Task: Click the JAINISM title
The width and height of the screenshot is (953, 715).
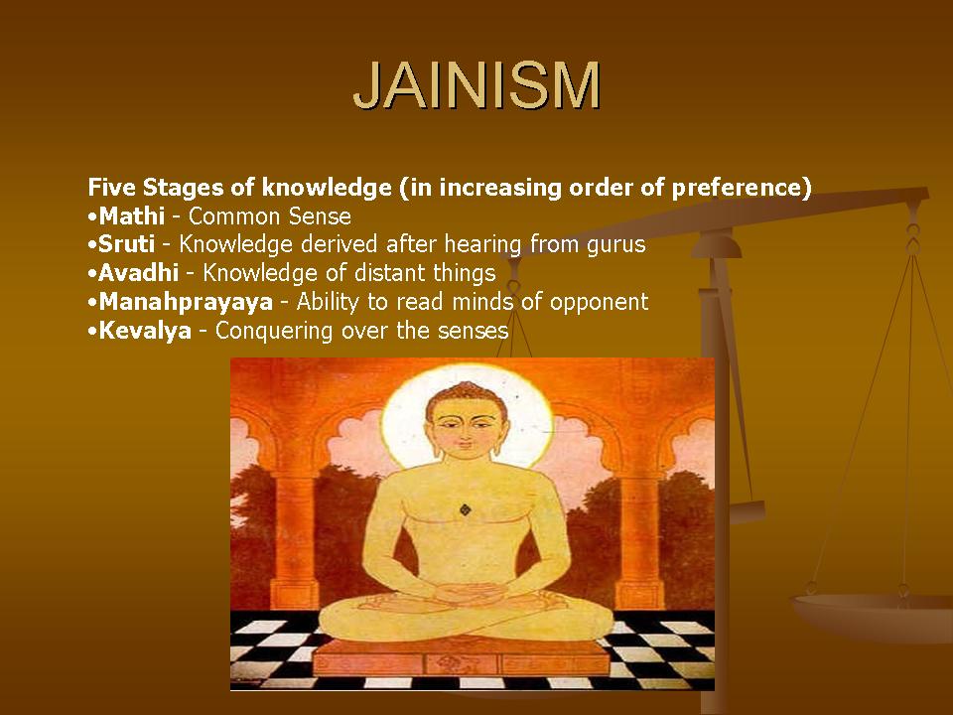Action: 476,86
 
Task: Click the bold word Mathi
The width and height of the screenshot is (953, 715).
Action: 131,216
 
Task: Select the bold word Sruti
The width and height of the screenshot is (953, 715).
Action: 126,244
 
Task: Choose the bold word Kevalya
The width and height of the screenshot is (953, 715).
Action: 144,331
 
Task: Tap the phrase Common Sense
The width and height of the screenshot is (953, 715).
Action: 270,216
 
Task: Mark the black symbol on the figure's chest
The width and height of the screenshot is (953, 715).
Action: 465,510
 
